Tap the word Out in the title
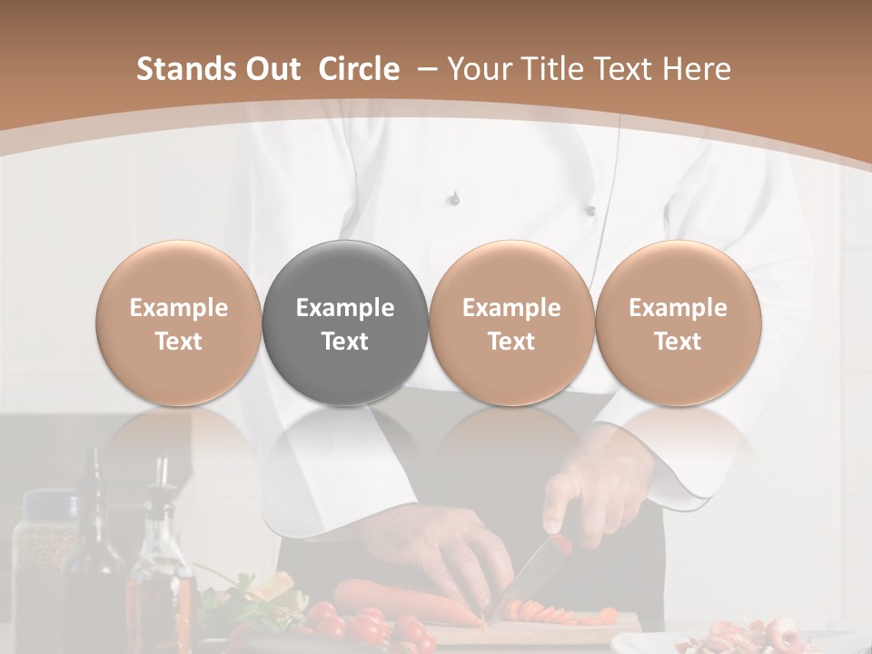coord(272,69)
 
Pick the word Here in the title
coord(696,69)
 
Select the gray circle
coord(345,324)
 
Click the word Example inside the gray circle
coord(345,308)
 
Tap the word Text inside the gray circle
coord(345,342)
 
